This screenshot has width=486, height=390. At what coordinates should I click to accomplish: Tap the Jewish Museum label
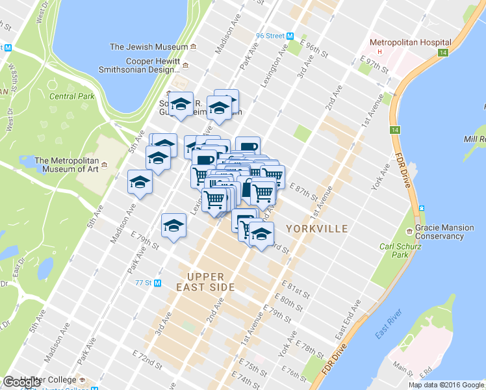148,47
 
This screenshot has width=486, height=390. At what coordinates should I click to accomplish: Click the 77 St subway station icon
158,283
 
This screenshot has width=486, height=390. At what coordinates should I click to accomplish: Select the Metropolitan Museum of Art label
67,166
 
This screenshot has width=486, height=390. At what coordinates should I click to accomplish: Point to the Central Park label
72,97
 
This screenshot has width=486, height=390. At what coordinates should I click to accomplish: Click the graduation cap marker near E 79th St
173,227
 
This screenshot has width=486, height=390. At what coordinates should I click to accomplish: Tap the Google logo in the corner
22,382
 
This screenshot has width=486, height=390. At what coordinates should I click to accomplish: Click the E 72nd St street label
146,357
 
